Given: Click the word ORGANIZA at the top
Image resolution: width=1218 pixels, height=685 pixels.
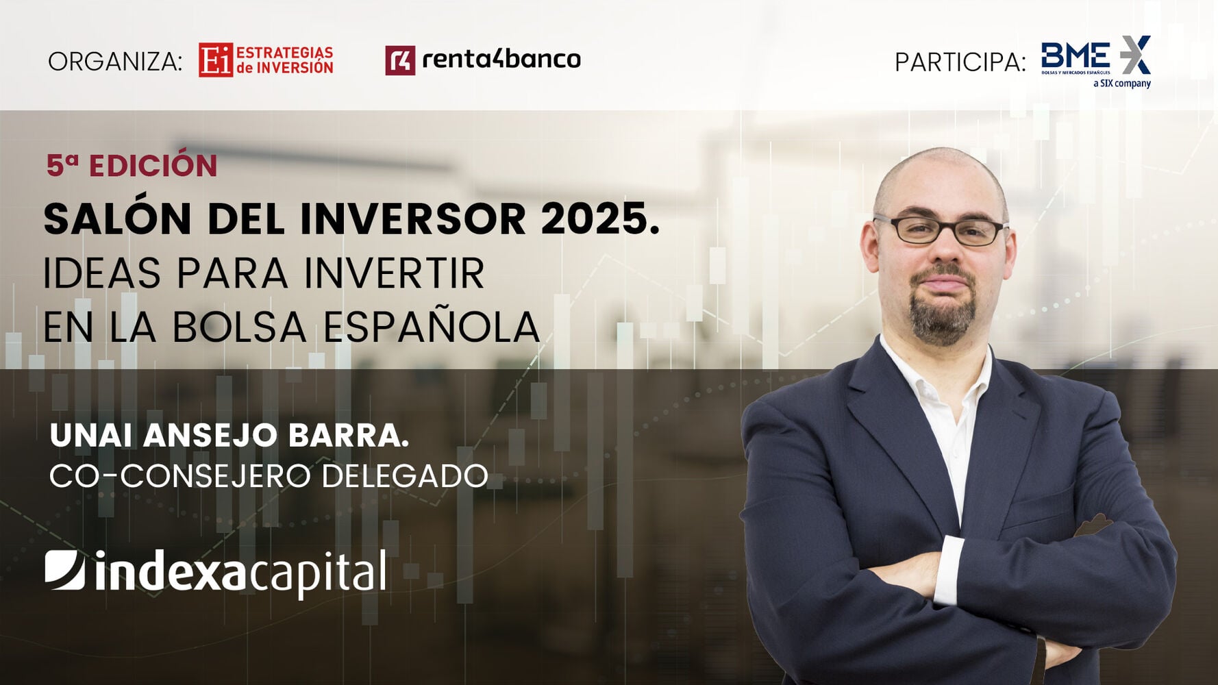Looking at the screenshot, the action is [115, 62].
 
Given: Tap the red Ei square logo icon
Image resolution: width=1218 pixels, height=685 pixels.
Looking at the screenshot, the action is [216, 60].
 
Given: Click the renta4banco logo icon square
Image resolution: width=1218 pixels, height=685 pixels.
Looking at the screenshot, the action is [400, 60].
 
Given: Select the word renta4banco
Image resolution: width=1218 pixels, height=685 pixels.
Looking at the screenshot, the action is [501, 60].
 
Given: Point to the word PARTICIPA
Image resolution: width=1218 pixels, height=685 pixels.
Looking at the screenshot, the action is [960, 62].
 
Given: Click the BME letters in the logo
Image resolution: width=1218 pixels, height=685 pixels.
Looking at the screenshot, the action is [1076, 55].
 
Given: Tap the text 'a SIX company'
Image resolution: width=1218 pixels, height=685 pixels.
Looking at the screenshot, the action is [1122, 84].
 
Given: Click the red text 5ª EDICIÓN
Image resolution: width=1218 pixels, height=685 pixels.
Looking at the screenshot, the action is [132, 166].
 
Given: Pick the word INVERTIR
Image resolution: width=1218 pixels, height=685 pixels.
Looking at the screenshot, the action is [394, 273].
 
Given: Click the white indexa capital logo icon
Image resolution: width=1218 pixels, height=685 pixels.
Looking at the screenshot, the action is [65, 570].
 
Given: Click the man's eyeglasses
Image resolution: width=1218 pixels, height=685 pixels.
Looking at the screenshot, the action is [941, 230].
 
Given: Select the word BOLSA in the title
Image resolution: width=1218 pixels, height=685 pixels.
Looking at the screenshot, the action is [239, 327].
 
